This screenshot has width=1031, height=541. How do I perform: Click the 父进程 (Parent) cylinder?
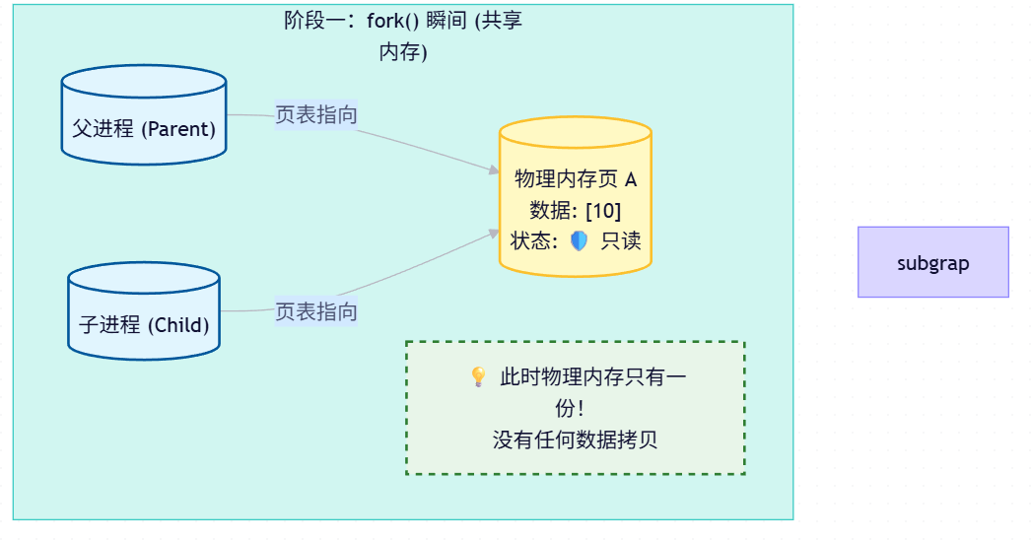click(x=144, y=115)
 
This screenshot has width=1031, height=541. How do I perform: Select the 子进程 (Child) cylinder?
click(x=144, y=311)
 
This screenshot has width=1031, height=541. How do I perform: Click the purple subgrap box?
click(x=932, y=262)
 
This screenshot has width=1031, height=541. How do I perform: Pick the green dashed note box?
click(x=575, y=408)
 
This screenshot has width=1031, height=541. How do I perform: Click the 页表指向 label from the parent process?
click(x=315, y=115)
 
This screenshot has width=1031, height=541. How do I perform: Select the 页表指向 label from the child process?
click(x=315, y=312)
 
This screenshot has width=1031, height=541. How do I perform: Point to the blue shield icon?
click(x=579, y=240)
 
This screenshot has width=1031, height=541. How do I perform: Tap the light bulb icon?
click(x=478, y=376)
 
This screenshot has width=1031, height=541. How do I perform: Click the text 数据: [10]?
click(x=576, y=210)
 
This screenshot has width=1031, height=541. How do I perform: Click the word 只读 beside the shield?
click(x=621, y=240)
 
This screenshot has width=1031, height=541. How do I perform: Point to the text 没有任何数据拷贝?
click(x=575, y=440)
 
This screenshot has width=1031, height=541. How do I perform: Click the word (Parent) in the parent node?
click(x=178, y=128)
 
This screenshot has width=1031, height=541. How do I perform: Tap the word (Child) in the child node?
click(x=178, y=324)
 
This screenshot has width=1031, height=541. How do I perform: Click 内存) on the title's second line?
click(x=403, y=52)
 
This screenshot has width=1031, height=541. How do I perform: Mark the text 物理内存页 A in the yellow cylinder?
click(x=576, y=179)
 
